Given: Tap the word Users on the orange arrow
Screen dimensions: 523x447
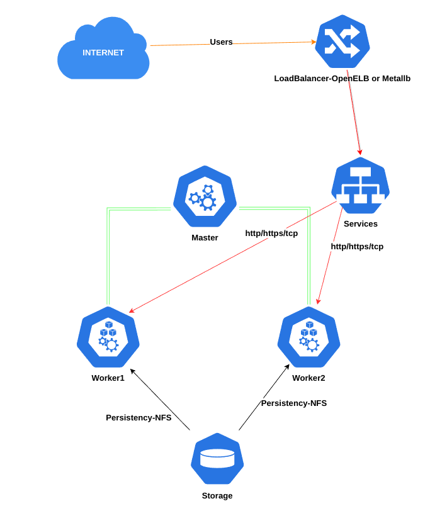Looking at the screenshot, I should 221,42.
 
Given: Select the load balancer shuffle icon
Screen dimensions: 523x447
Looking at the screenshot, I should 342,42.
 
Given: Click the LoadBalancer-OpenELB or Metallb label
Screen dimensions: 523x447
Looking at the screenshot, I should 342,79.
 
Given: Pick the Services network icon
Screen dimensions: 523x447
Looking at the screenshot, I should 360,185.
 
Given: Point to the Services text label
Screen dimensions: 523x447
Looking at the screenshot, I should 360,224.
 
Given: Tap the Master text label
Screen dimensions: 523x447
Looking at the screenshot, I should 205,238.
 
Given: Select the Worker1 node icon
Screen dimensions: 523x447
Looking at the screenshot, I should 108,337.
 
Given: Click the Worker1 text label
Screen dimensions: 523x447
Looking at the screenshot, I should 108,378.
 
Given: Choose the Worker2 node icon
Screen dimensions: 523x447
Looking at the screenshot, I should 308,337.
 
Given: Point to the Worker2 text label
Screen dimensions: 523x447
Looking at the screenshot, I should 308,378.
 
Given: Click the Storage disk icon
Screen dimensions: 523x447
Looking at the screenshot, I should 217,458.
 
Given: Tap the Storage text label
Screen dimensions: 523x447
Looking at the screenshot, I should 217,496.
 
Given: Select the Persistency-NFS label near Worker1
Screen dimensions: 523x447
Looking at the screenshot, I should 139,418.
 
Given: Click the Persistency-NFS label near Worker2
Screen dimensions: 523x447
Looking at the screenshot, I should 294,403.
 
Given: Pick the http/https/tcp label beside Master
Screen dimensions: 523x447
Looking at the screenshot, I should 271,233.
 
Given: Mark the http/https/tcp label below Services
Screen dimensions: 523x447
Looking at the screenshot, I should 357,247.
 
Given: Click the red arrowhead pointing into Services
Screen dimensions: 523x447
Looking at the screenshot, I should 360,152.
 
